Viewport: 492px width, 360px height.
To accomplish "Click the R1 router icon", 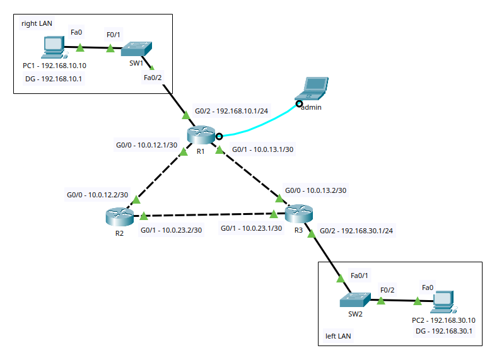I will click(201, 136).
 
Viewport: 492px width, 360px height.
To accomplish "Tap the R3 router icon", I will click(298, 215).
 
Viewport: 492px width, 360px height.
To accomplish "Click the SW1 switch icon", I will click(137, 49).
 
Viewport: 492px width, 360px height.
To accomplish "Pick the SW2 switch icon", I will click(355, 298).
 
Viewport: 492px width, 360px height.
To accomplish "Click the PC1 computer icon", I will click(54, 47).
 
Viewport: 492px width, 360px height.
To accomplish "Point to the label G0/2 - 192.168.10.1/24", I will click(231, 111).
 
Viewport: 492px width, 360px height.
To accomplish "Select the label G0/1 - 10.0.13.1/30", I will click(264, 150).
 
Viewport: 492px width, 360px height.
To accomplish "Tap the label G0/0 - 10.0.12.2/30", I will click(97, 195).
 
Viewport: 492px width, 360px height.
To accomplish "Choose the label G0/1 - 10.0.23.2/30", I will click(171, 230).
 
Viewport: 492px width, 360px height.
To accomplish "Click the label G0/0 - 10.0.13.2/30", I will click(315, 190).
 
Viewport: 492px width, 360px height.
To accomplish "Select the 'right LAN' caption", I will click(37, 23).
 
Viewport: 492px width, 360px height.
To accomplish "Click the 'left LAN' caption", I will click(337, 336).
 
